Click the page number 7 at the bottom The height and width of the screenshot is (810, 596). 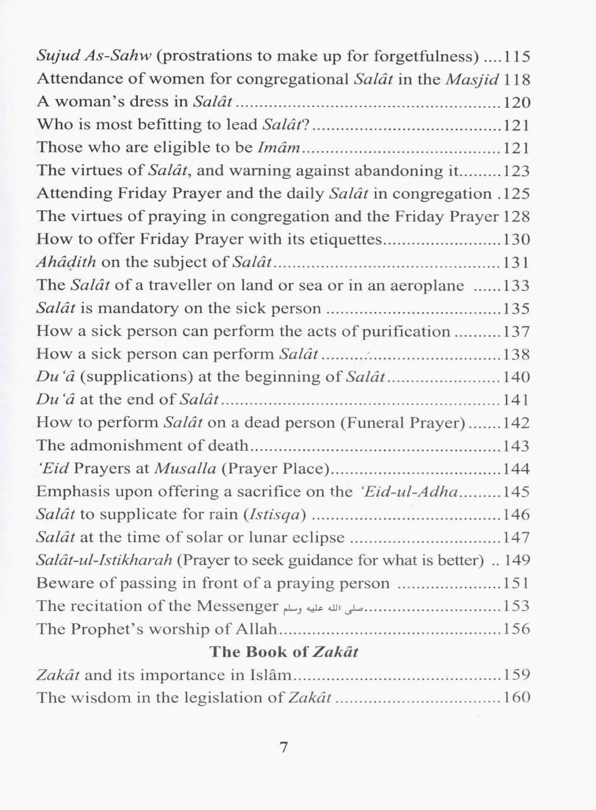click(x=284, y=747)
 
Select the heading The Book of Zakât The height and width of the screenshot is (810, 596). click(x=284, y=652)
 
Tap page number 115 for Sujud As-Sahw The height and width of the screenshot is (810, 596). click(x=517, y=57)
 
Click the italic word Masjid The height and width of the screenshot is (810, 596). click(x=471, y=79)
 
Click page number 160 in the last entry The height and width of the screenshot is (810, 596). click(x=517, y=697)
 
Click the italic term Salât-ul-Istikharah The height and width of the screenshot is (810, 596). click(x=104, y=560)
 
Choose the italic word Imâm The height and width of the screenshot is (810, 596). click(x=278, y=148)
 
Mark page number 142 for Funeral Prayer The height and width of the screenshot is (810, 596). click(x=517, y=423)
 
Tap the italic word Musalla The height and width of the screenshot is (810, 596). click(x=185, y=469)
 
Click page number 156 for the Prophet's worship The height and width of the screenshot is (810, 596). click(x=517, y=629)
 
